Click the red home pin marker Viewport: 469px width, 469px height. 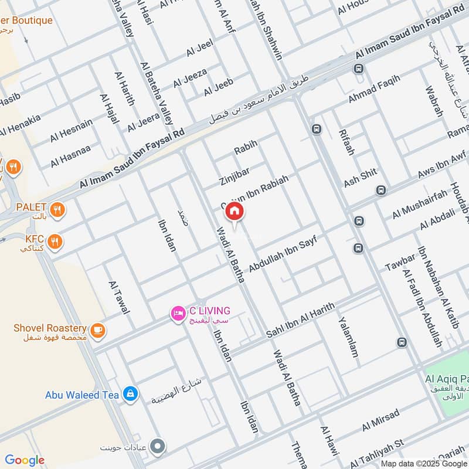coord(235,212)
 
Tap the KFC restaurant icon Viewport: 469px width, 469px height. coord(56,241)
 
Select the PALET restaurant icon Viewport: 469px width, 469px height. coord(57,209)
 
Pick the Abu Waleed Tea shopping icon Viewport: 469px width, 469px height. coord(131,395)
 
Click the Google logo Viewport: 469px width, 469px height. coord(25,460)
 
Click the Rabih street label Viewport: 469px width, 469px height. coord(246,150)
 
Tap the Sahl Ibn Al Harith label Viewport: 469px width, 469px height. coord(300,321)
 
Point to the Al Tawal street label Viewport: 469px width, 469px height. coord(119,297)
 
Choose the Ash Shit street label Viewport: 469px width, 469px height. coord(360,178)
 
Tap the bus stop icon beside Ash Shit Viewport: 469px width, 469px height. coord(382,191)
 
